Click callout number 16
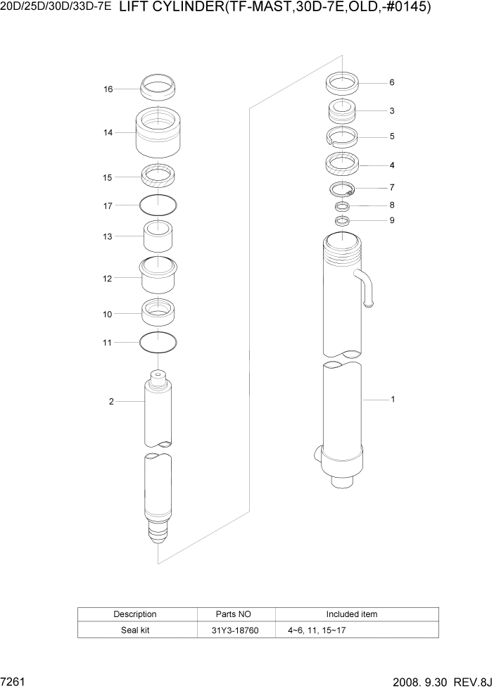coord(108,89)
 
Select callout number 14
coord(108,132)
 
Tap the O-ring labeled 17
coord(158,205)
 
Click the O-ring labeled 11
coord(158,342)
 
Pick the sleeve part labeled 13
coord(158,236)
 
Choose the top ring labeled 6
coord(343,83)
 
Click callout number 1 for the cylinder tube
coord(392,400)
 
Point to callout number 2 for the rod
coord(111,402)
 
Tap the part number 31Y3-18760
coord(235,630)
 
